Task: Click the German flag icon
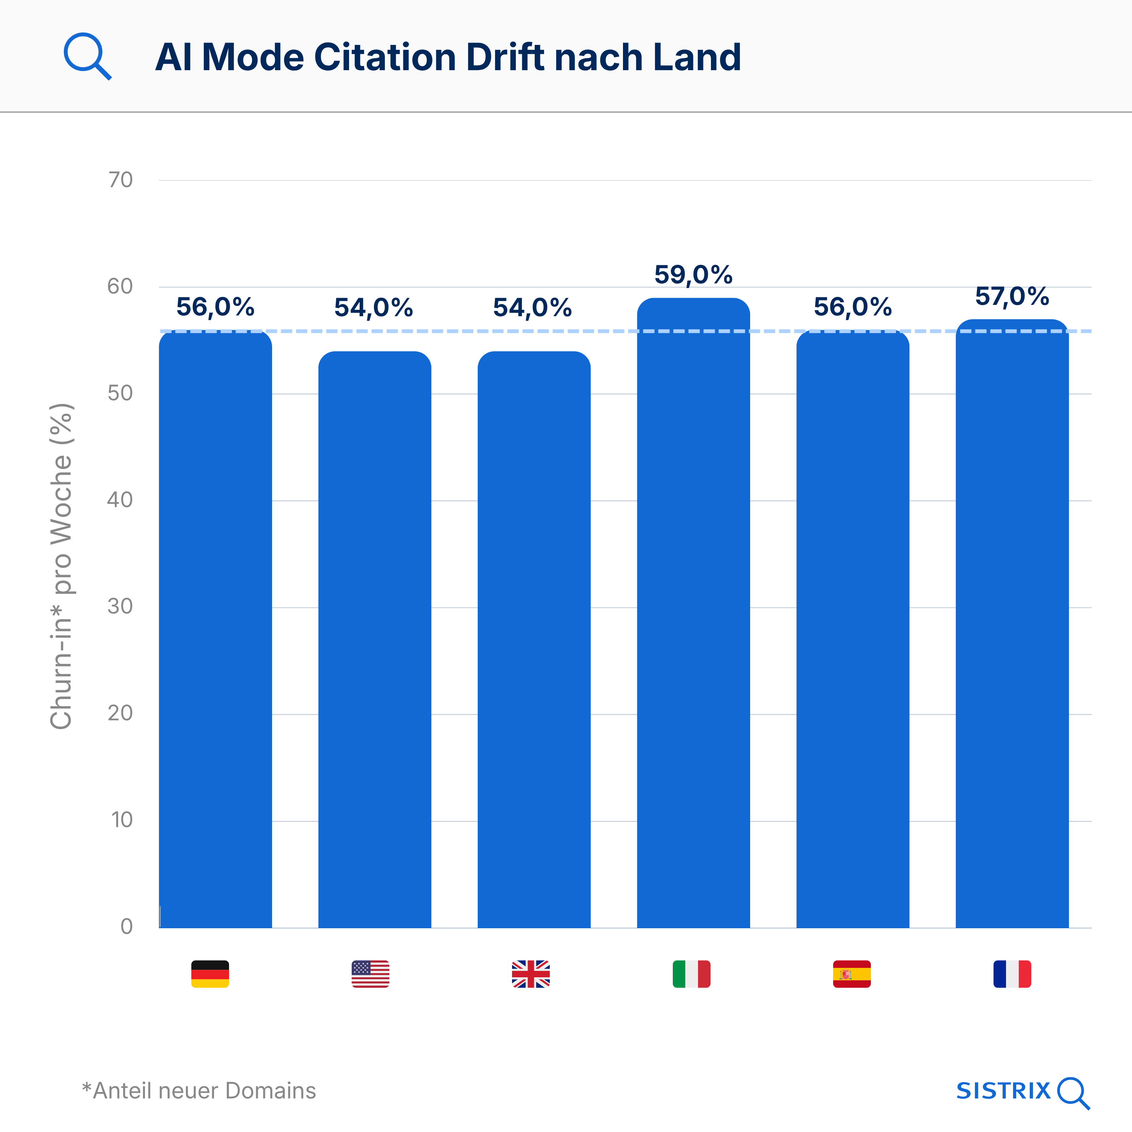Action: click(x=210, y=974)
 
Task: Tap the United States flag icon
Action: click(x=370, y=974)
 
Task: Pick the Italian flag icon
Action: click(x=691, y=974)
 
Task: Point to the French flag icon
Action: click(x=1012, y=974)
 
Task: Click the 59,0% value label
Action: click(x=693, y=275)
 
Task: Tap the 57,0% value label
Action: click(x=1012, y=297)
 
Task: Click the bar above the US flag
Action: click(x=374, y=639)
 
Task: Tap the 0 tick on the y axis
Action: click(x=126, y=926)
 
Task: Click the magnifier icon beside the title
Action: click(x=87, y=56)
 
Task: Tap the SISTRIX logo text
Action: click(x=1003, y=1091)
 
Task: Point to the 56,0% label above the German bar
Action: click(x=215, y=307)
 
